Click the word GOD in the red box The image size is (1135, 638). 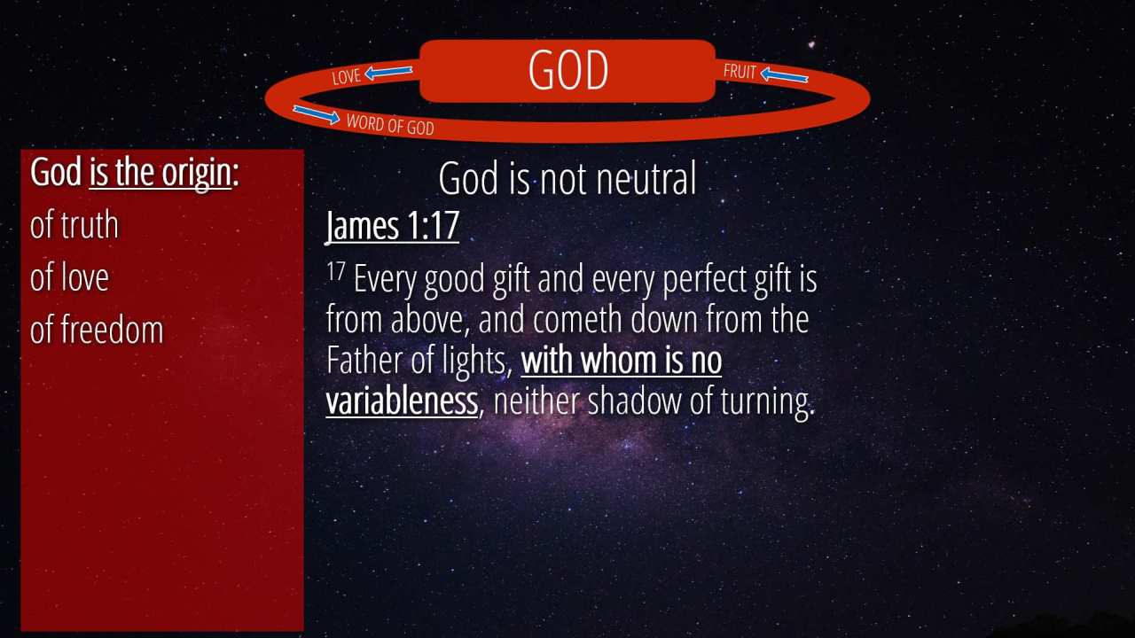[568, 70]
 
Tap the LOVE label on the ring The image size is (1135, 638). [347, 76]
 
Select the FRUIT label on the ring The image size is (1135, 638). [740, 72]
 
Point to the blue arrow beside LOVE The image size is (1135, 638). [388, 73]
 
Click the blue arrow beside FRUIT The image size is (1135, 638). [784, 76]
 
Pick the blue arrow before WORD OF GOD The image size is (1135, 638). [317, 114]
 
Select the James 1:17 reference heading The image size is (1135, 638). [392, 225]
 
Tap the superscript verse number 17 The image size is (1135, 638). [335, 271]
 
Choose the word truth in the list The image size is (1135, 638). [90, 225]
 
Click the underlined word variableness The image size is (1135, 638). [402, 401]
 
